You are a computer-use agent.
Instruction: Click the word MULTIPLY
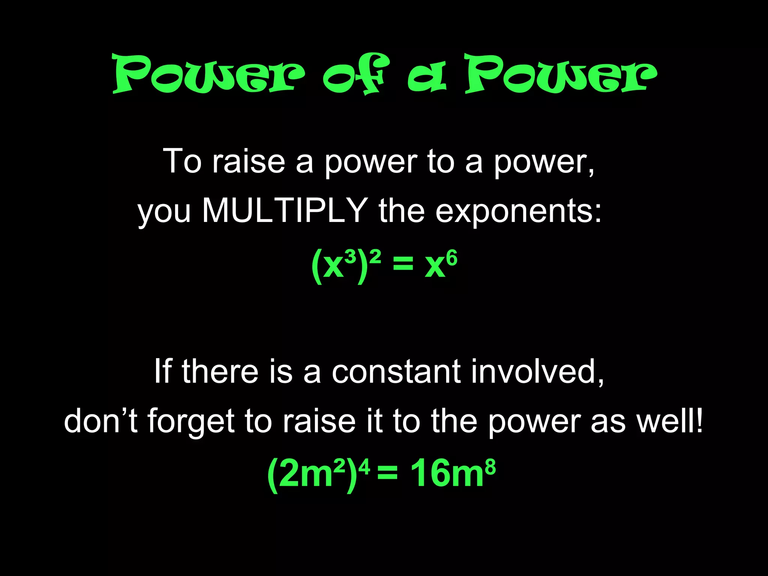[x=285, y=211]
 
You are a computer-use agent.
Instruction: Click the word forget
[x=191, y=421]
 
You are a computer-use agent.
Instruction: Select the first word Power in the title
[x=208, y=73]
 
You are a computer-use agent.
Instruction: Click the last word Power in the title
[x=560, y=73]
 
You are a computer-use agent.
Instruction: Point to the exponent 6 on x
[x=452, y=259]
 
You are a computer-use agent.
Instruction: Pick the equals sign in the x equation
[x=403, y=265]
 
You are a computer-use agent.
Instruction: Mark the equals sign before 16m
[x=387, y=474]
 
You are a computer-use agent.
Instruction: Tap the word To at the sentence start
[x=182, y=161]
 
